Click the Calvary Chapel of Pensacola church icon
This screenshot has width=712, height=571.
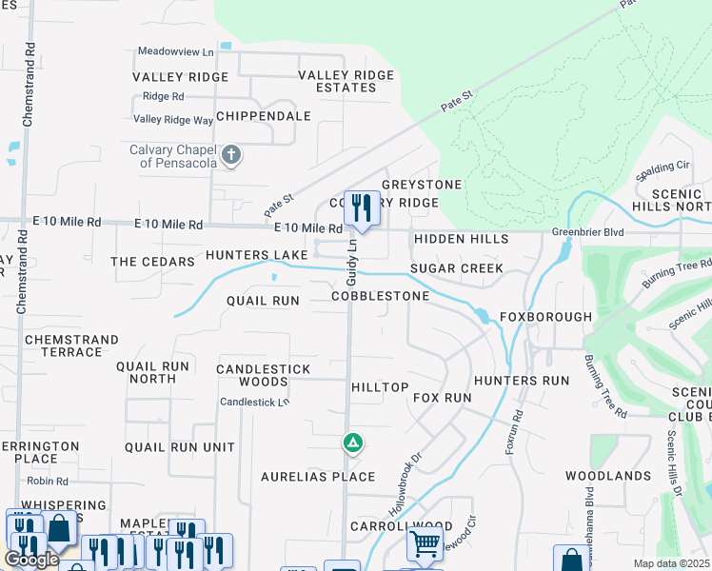230,154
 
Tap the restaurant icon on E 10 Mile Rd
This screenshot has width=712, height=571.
362,208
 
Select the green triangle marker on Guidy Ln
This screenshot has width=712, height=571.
352,443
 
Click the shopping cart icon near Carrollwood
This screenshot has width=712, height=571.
425,544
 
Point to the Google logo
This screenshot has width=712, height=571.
30,560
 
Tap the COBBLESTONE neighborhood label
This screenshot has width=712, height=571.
380,297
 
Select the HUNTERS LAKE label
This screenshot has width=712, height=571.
256,255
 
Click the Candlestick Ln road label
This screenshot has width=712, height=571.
254,402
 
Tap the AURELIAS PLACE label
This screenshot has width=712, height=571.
319,476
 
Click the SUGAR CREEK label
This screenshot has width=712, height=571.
456,268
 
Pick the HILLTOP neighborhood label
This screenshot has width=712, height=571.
380,387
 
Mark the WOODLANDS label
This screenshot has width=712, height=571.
607,475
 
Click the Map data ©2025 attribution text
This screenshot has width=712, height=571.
672,563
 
